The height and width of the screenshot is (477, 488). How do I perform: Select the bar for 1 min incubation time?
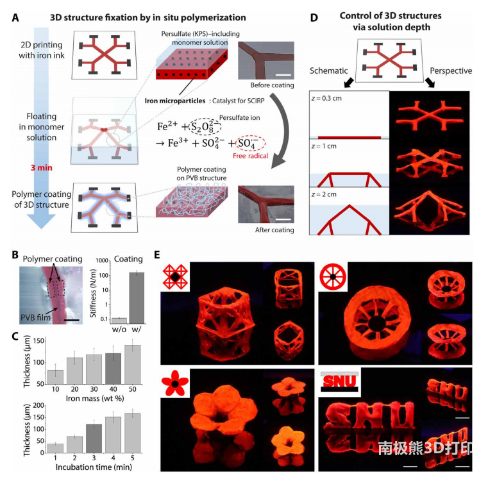point(55,448)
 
